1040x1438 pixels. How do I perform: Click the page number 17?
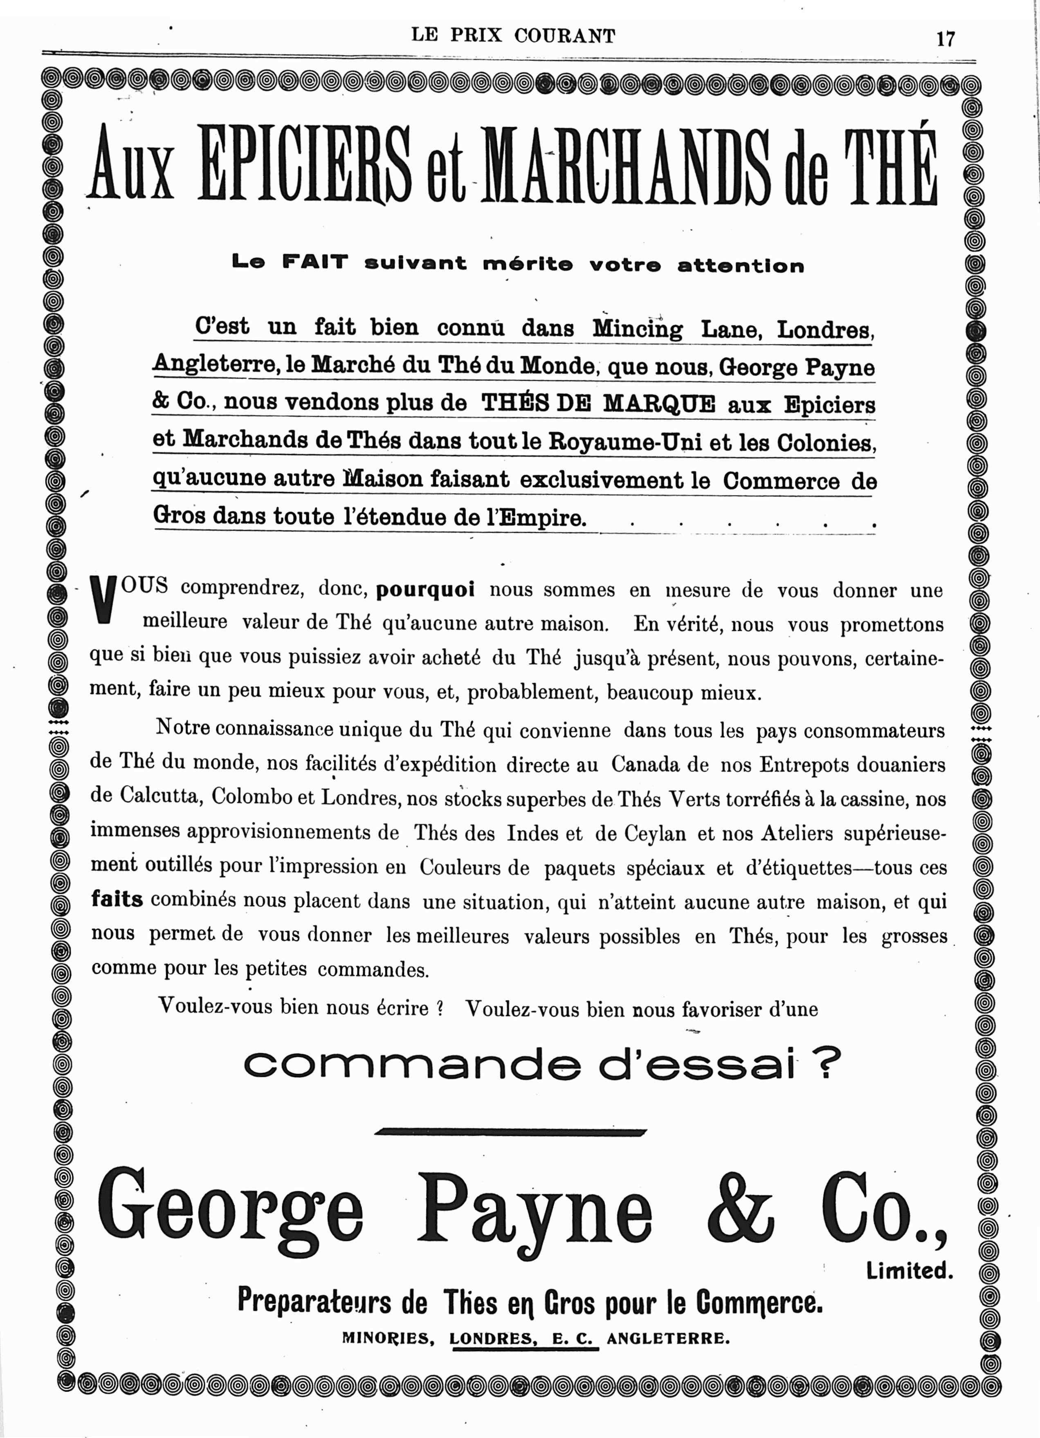[x=945, y=39]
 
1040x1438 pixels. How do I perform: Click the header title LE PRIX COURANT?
[x=513, y=36]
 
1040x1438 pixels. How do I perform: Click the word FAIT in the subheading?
[x=315, y=262]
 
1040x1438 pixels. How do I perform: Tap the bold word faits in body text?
[x=117, y=899]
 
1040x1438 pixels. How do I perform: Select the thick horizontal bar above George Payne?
[x=510, y=1132]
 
